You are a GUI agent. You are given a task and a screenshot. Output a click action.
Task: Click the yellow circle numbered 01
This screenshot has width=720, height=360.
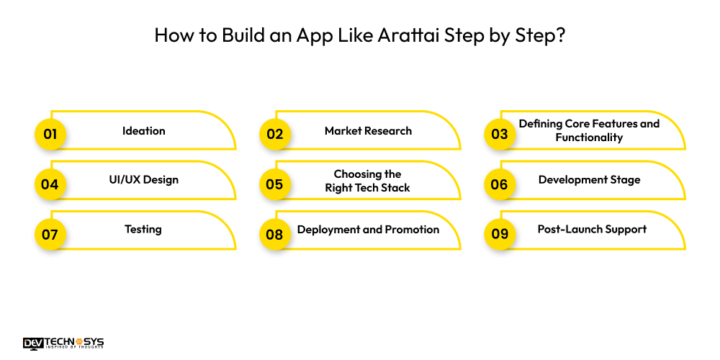coord(50,134)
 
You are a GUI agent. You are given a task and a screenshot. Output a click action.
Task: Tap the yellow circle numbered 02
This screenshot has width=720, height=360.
coord(274,134)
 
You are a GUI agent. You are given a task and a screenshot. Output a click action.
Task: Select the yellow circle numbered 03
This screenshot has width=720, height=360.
coord(499,134)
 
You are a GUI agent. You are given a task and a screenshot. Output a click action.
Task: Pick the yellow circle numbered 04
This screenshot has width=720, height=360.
coord(50,184)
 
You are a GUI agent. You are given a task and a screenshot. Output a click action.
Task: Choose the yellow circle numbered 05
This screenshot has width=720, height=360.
coord(274,184)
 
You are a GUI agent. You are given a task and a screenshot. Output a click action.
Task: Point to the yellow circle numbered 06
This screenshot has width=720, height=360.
coord(499,184)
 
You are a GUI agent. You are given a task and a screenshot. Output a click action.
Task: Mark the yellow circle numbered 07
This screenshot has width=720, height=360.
coord(50,234)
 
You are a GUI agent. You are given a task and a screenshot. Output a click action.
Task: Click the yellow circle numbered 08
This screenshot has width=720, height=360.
coord(274,234)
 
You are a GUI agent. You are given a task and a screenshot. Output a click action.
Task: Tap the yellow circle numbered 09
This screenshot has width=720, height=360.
coord(499,234)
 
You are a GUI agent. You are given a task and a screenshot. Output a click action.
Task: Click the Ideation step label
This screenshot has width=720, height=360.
coord(143,131)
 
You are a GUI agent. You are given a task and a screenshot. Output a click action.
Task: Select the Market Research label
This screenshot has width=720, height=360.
coord(368,131)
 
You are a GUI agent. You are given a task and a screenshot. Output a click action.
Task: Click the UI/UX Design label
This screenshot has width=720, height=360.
coord(143,180)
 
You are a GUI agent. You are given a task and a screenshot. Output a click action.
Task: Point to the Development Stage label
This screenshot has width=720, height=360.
coord(589,180)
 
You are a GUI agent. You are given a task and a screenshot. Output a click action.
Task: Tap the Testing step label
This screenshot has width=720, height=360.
coord(143,229)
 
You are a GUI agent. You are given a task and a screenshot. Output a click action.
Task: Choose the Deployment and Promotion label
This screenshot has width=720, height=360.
coord(368,230)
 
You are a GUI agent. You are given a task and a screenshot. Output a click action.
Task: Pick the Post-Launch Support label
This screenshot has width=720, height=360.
coord(592,230)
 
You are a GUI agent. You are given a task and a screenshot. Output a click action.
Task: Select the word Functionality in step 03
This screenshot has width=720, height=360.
coord(589,138)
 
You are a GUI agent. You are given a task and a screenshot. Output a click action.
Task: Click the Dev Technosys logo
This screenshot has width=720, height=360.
coord(63,343)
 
